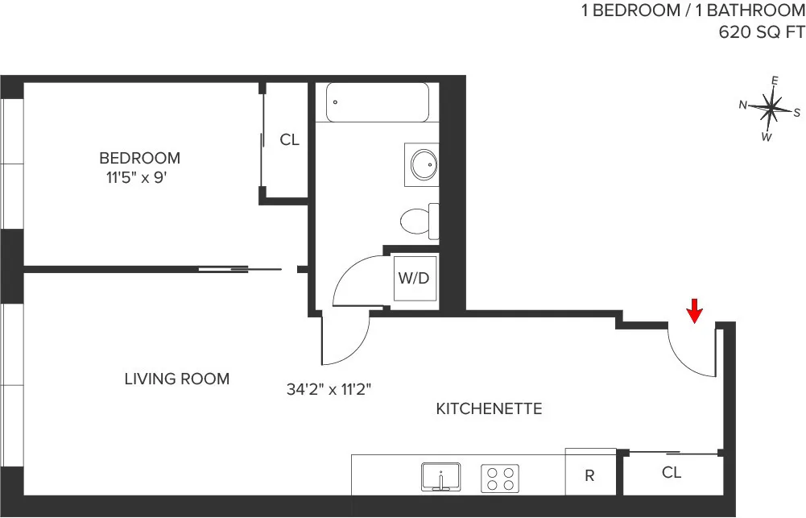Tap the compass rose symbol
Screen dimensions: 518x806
pyautogui.click(x=771, y=107)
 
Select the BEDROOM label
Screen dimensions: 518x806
pyautogui.click(x=139, y=158)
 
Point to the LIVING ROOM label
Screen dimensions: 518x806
pyautogui.click(x=177, y=379)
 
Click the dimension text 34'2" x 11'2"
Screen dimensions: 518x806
pyautogui.click(x=328, y=390)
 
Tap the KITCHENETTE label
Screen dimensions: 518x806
pyautogui.click(x=489, y=409)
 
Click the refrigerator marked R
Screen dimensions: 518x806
pyautogui.click(x=589, y=475)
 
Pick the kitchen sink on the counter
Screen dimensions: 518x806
pyautogui.click(x=440, y=477)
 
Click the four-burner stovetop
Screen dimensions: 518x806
pyautogui.click(x=499, y=479)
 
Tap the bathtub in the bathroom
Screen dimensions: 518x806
pyautogui.click(x=377, y=103)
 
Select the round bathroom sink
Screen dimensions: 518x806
pyautogui.click(x=423, y=165)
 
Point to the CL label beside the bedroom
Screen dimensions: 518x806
pyautogui.click(x=289, y=140)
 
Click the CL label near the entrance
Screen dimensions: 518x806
pyautogui.click(x=672, y=473)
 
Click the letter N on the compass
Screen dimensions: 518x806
pyautogui.click(x=744, y=104)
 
